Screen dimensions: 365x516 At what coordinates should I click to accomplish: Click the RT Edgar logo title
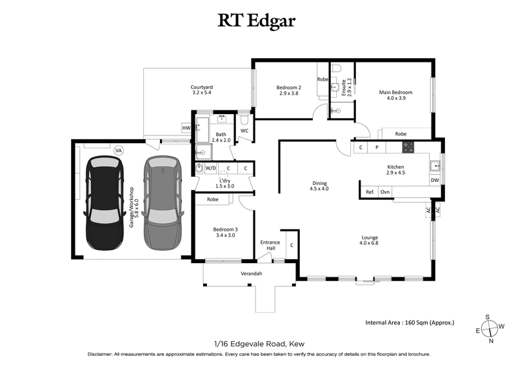point(257,21)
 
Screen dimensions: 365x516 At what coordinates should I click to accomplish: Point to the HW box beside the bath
point(186,128)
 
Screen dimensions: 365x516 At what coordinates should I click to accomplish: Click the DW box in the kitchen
point(435,181)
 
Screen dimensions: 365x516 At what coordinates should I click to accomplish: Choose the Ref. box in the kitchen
point(370,192)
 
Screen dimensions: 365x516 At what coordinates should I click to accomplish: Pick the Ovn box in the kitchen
point(385,192)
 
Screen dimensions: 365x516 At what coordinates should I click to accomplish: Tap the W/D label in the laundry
point(211,168)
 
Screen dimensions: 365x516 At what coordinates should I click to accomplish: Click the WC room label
point(244,131)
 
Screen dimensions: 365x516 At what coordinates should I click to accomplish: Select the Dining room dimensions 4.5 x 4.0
point(319,189)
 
